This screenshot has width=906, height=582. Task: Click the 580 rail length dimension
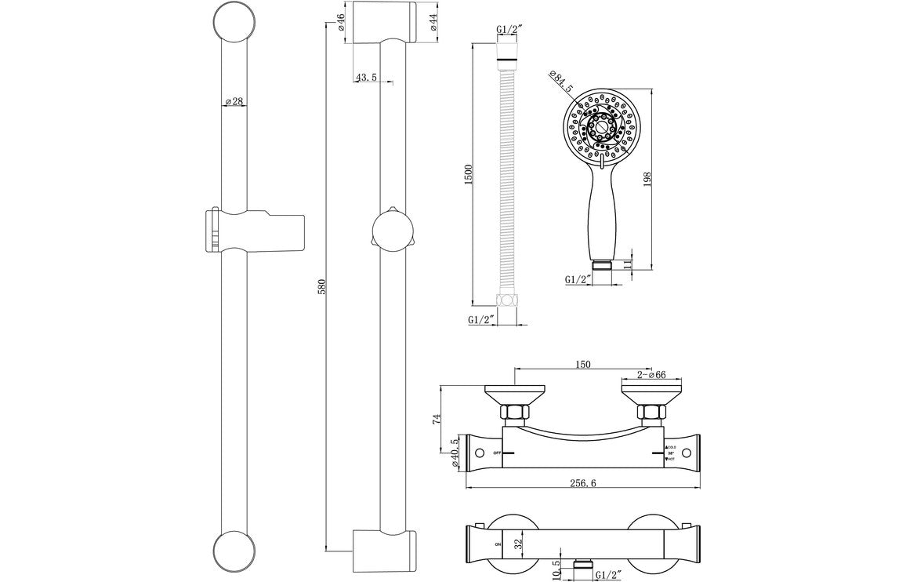(321, 287)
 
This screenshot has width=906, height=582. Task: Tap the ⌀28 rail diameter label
(235, 102)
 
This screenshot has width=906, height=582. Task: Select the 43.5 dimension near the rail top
(366, 78)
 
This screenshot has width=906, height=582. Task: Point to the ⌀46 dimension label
(342, 22)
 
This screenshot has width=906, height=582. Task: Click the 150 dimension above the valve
(582, 364)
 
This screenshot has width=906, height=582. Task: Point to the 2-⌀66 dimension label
(652, 375)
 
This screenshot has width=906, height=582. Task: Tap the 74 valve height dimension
(437, 420)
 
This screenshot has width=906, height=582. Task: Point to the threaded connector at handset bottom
(601, 264)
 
